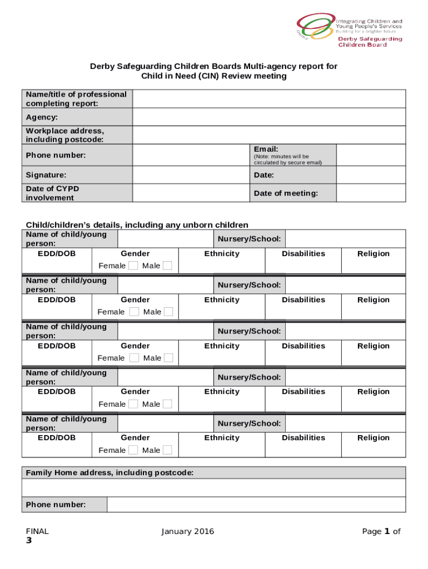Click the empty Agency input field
268,117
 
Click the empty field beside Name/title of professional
268,99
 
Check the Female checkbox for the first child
133,266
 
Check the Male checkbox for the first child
167,266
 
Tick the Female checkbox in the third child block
134,358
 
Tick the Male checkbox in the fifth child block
167,450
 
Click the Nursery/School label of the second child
249,285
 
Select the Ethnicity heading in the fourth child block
222,392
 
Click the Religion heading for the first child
374,254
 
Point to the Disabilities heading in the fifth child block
303,438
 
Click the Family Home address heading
110,473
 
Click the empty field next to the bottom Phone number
256,505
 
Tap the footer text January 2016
187,531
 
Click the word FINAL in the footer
37,531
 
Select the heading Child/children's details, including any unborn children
137,224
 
